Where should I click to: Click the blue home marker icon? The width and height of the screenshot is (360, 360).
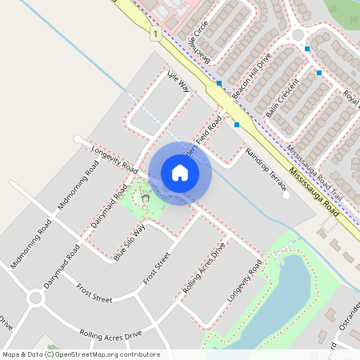coord(180,173)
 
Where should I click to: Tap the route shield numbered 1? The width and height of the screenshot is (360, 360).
coord(154,34)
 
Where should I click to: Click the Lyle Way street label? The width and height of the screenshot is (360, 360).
coord(178,82)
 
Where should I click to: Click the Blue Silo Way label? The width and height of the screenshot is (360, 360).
coord(130,242)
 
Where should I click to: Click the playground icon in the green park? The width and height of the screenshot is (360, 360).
coord(146,197)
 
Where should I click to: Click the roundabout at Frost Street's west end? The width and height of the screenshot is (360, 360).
coord(35,298)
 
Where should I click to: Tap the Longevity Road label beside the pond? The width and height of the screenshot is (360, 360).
coord(244,284)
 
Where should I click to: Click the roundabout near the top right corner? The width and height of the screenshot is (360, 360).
coord(298,34)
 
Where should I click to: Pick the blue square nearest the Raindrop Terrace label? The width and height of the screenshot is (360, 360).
coord(237,125)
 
